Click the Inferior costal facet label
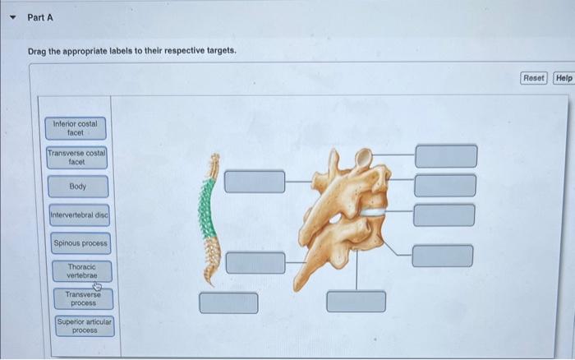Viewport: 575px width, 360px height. tap(75, 128)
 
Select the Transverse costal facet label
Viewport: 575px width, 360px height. tap(77, 158)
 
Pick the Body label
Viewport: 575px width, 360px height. tap(78, 187)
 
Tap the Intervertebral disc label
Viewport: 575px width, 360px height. tap(79, 215)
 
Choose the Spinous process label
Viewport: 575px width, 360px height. tap(80, 243)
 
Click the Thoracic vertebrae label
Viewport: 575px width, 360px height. tap(81, 271)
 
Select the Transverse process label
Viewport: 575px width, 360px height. tap(83, 298)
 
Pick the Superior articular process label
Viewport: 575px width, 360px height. tap(85, 325)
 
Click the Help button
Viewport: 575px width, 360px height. tap(563, 78)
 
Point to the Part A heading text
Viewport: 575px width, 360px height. tap(40, 17)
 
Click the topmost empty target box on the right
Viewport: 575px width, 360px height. tap(445, 155)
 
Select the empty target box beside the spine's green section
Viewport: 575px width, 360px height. tap(255, 181)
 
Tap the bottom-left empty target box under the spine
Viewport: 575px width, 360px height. tap(228, 302)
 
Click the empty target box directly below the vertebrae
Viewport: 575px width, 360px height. tap(356, 301)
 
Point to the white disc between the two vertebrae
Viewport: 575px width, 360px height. tap(374, 211)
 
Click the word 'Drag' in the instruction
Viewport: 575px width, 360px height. tap(39, 51)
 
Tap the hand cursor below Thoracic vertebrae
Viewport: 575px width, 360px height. tap(98, 286)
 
